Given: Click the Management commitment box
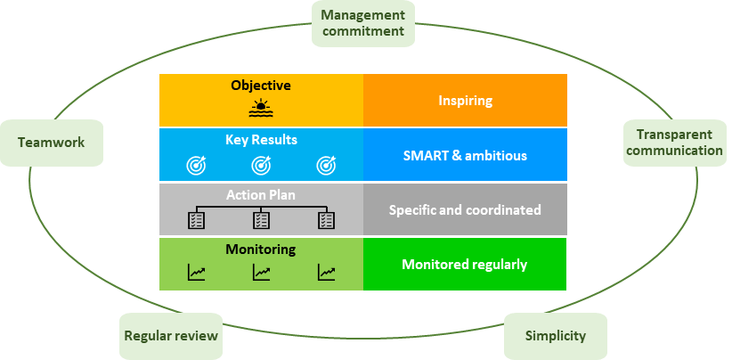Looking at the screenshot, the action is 362,23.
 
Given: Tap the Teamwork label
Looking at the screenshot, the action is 52,143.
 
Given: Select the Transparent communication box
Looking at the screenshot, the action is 675,143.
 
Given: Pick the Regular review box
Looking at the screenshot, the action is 171,336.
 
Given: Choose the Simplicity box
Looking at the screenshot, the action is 556,336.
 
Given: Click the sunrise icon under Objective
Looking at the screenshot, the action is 261,109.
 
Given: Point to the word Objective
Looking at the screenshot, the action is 261,86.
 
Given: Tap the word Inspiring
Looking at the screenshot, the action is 466,101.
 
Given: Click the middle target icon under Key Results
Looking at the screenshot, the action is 261,165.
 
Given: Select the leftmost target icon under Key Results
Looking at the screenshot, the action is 196,165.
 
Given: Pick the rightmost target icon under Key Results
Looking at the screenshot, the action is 326,165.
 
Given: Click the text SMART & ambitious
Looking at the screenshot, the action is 465,155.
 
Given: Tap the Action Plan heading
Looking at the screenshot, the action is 261,194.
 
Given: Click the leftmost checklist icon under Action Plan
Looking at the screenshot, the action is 196,220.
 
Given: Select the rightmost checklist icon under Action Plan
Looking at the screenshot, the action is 326,220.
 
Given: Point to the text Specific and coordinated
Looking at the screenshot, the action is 465,209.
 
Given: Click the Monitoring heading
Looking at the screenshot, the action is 261,250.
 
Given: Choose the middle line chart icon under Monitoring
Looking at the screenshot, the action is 261,272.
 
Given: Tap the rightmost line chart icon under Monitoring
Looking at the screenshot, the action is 326,272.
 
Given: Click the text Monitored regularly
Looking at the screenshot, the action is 465,265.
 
